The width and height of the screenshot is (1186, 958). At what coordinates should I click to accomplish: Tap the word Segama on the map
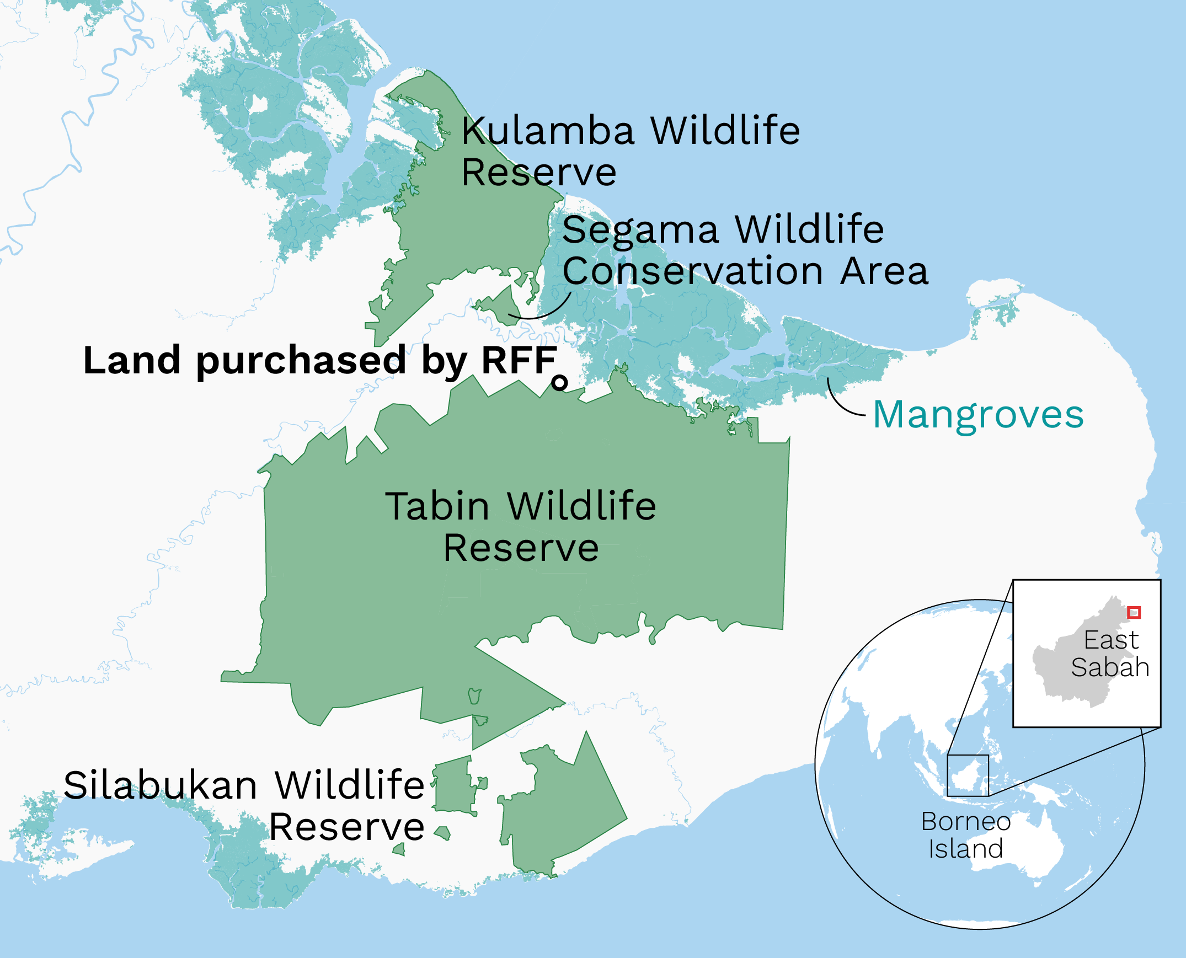point(640,229)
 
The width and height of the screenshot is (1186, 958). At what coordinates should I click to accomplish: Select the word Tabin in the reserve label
point(437,506)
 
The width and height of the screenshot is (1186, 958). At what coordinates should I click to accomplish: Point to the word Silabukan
point(160,785)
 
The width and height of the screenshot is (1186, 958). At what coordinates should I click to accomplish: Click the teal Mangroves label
point(978,415)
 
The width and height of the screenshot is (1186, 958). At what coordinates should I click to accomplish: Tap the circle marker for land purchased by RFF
point(559,382)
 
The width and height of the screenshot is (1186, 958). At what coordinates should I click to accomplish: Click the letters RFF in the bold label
point(518,360)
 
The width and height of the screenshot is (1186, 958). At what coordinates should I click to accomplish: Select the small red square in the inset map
point(1134,612)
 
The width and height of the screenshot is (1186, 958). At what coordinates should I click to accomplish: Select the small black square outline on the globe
point(968,775)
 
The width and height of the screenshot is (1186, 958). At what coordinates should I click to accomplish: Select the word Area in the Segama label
point(884,271)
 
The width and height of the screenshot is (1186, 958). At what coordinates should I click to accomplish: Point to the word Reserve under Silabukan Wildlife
point(346,827)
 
